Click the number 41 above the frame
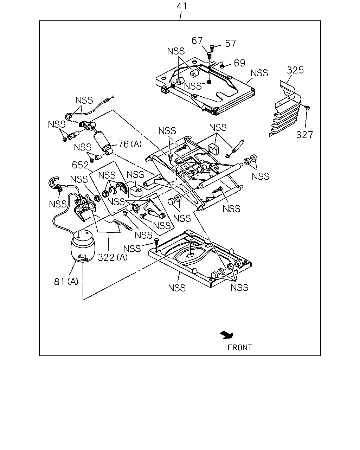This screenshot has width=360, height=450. pyautogui.click(x=182, y=6)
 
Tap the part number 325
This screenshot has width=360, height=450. pyautogui.click(x=295, y=70)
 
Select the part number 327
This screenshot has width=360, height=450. pyautogui.click(x=304, y=135)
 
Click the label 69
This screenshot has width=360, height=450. pyautogui.click(x=239, y=63)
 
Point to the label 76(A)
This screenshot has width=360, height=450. pyautogui.click(x=130, y=144)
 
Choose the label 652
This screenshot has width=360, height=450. pyautogui.click(x=80, y=165)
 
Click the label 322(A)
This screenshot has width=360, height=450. pyautogui.click(x=112, y=257)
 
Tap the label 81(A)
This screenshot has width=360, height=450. pyautogui.click(x=66, y=282)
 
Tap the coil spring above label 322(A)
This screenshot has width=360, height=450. pyautogui.click(x=123, y=225)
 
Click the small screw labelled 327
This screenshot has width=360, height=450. pyautogui.click(x=308, y=108)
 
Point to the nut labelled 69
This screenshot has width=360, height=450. pyautogui.click(x=223, y=66)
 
